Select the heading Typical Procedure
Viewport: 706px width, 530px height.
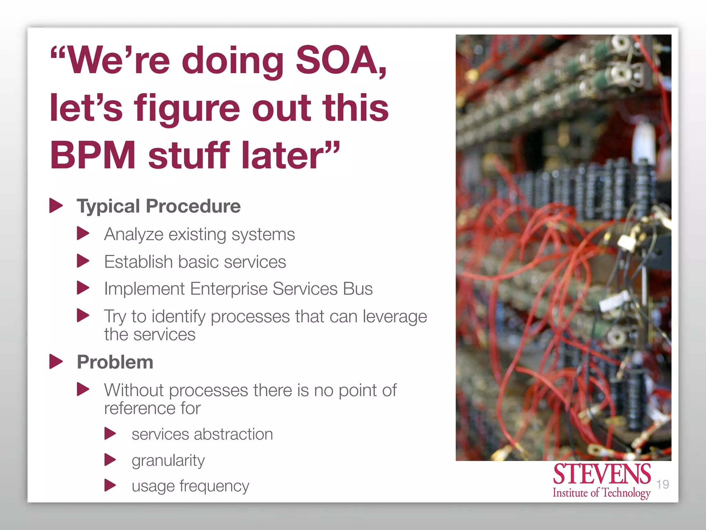point(159,206)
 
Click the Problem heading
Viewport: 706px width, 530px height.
point(115,362)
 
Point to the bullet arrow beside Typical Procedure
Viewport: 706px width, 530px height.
point(56,206)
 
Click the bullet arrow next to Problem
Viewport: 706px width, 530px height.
point(56,362)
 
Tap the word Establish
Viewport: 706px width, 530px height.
point(138,262)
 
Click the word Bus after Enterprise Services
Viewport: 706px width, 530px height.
point(357,288)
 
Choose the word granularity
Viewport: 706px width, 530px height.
point(168,461)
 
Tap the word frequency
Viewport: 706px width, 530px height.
point(214,487)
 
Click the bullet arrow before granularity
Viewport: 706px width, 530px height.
point(110,460)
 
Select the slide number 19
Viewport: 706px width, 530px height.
point(663,484)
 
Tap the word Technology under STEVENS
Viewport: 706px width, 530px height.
point(626,493)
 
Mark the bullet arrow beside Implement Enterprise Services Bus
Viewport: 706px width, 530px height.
point(83,288)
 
